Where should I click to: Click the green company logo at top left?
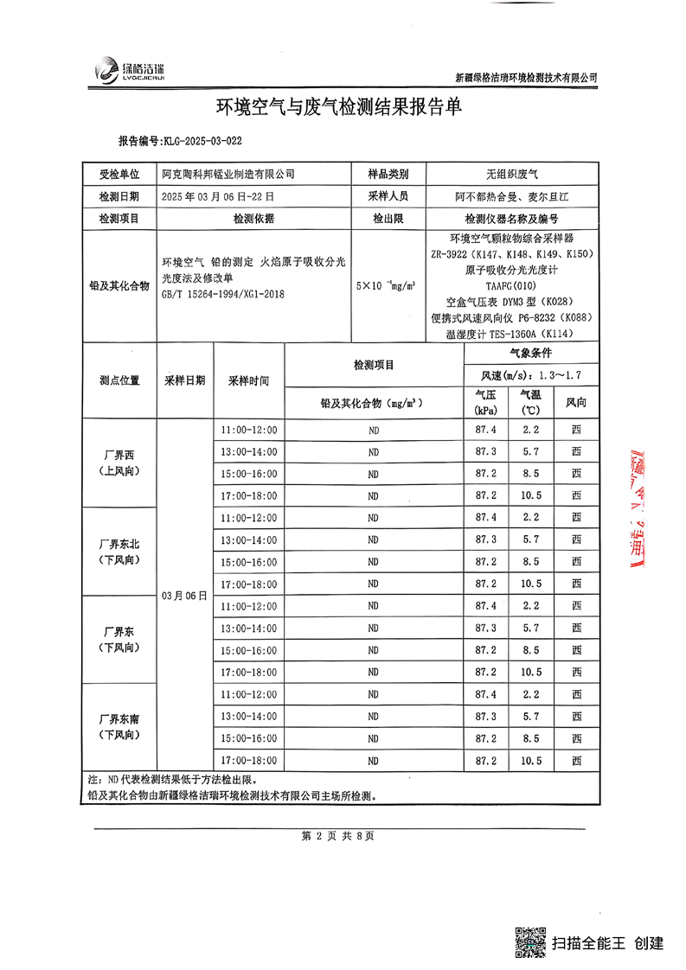[x=107, y=70]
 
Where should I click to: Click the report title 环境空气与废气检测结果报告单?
[x=340, y=107]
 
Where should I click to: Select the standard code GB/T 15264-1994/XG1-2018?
[x=222, y=295]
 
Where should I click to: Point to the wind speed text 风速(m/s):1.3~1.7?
[x=529, y=375]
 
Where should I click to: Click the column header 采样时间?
[x=248, y=380]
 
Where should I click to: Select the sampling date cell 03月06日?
[x=185, y=596]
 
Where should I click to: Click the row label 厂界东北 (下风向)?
[x=119, y=552]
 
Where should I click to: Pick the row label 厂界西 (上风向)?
[x=119, y=463]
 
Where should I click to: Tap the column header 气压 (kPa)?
[x=485, y=402]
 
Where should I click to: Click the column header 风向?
[x=575, y=402]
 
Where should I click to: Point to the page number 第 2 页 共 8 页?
[x=337, y=836]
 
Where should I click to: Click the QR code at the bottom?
[x=531, y=941]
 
